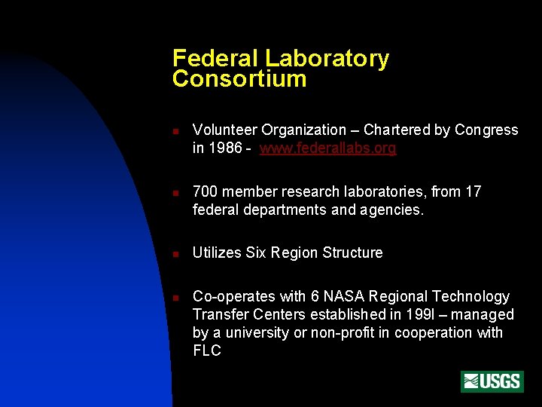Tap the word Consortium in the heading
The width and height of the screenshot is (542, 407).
point(239,79)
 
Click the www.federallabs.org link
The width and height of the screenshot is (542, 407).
point(327,148)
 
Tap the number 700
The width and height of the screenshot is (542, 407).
point(205,192)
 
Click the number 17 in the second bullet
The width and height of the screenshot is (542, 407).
point(473,192)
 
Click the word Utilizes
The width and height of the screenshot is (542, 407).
point(216,253)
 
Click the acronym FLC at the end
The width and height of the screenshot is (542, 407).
point(207,351)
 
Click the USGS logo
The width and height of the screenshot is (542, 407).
point(492,381)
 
